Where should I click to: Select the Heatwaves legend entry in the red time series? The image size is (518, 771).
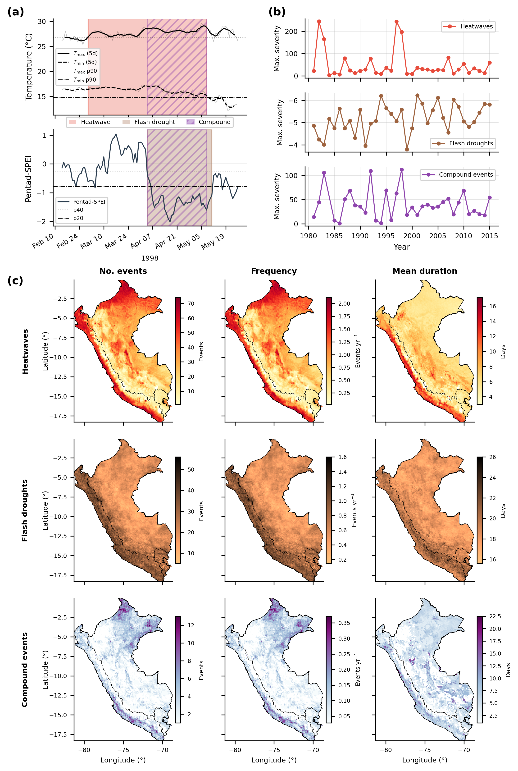[468, 27]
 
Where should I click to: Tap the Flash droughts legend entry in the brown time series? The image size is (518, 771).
[463, 143]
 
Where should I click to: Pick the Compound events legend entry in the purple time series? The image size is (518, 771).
[458, 174]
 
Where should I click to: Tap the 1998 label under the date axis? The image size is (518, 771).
[150, 258]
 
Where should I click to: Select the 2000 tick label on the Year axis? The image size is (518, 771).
[412, 236]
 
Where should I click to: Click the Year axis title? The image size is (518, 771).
[402, 247]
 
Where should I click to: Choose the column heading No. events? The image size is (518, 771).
[123, 271]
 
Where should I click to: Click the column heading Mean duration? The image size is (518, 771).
[425, 271]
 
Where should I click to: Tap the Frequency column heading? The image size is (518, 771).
[274, 271]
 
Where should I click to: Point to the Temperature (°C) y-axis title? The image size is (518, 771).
[29, 67]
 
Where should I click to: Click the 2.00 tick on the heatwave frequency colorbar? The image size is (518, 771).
[344, 304]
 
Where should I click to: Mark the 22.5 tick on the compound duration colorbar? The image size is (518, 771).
[495, 616]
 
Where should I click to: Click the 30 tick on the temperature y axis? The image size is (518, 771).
[42, 22]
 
